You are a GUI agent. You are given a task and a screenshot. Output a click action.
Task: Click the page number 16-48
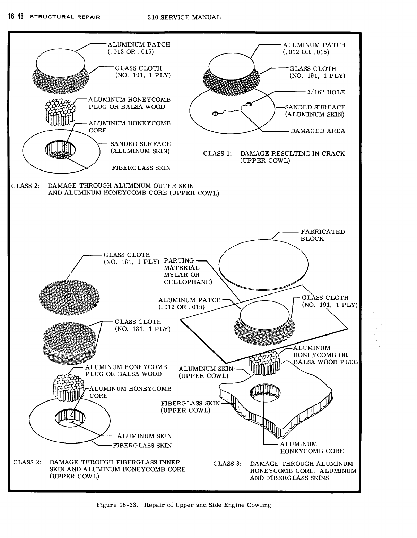point(14,17)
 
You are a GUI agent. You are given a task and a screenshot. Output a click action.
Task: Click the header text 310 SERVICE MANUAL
point(184,17)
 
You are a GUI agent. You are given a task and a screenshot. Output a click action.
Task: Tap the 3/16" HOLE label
point(326,92)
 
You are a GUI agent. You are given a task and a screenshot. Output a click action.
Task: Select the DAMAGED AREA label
point(318,131)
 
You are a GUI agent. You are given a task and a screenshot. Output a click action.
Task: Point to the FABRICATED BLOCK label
point(323,235)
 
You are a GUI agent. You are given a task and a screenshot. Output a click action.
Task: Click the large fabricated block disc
point(264,264)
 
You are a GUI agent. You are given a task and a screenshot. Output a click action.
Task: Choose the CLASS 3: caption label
point(227,464)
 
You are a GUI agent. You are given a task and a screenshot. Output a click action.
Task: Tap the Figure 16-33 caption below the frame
point(183,505)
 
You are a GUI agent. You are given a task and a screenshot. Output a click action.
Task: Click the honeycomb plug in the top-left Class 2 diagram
point(59,111)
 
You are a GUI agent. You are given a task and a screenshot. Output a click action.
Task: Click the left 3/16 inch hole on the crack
point(215,113)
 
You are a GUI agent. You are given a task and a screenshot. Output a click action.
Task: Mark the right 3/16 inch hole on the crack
point(249,104)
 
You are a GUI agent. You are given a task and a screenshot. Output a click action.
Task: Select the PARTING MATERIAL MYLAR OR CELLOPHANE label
point(187,271)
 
